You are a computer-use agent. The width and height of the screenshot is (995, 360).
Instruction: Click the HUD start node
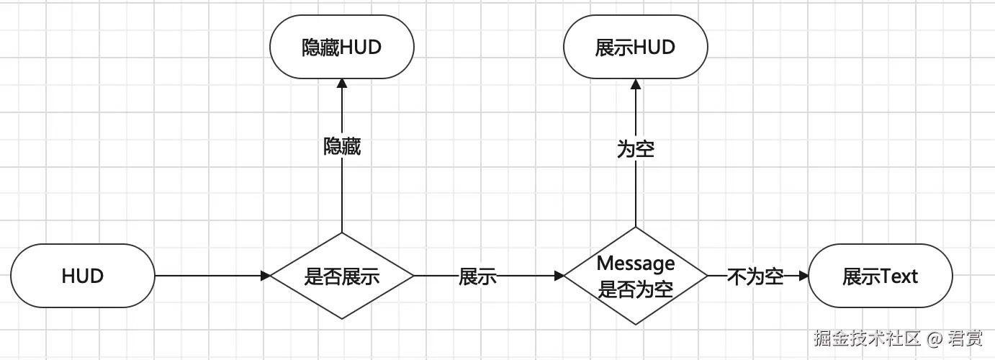(x=83, y=276)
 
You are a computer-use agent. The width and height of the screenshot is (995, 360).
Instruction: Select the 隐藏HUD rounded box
(x=342, y=48)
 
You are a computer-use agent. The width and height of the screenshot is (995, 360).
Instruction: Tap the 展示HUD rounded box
(x=635, y=48)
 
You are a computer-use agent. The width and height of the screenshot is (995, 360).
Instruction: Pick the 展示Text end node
(x=880, y=276)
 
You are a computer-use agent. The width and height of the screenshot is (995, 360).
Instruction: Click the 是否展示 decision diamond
(x=342, y=276)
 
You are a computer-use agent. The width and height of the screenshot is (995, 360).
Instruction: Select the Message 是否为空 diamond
(x=635, y=276)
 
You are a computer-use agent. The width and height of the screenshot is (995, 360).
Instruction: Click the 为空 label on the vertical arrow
(x=635, y=149)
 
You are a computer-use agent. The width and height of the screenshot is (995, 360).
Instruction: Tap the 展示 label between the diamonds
(x=477, y=276)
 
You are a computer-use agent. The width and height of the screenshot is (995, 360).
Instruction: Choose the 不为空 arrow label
(x=755, y=276)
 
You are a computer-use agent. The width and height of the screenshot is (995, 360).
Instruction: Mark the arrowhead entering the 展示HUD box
(x=635, y=84)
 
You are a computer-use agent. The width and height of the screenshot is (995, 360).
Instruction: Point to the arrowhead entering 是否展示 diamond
(x=265, y=276)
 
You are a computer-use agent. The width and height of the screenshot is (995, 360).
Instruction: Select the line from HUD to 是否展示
(x=209, y=276)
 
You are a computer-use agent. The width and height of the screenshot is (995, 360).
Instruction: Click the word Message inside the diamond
(x=635, y=264)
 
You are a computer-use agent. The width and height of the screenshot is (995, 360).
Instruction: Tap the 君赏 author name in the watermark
(x=965, y=337)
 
